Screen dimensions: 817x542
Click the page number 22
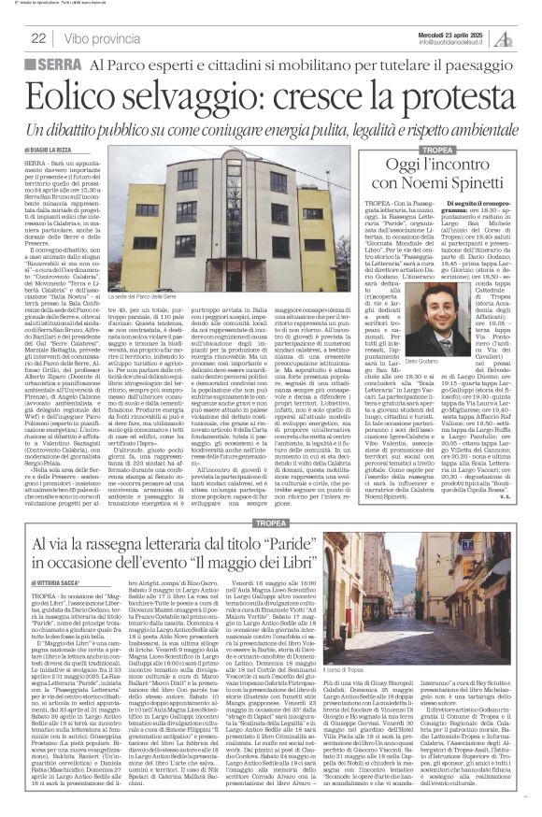point(38,38)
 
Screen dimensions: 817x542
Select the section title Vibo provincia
point(98,38)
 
